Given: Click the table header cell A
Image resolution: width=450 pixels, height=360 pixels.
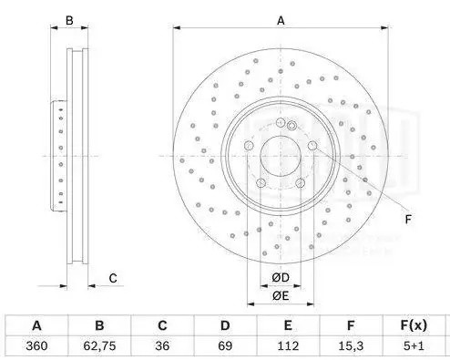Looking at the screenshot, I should tap(36, 325).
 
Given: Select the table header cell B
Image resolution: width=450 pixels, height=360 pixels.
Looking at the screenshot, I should tap(99, 325).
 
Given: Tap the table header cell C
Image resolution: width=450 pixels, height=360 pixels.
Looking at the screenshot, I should tap(161, 325).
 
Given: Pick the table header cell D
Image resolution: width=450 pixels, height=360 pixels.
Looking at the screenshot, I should tap(224, 325).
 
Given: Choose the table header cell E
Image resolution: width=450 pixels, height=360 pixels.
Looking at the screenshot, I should tap(287, 325).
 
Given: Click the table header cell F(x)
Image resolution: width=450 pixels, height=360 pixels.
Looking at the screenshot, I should tap(414, 325).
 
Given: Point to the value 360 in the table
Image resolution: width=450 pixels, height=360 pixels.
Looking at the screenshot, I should tap(36, 346).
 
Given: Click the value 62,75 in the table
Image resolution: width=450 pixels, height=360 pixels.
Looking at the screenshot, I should tap(99, 346).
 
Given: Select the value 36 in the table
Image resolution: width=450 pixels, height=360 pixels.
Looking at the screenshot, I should tap(161, 346).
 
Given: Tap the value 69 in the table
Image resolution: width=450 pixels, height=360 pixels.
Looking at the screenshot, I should tap(224, 346).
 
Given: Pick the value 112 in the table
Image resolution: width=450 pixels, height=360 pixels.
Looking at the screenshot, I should tap(287, 346).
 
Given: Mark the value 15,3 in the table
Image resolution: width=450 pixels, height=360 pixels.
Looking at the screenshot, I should tap(350, 346).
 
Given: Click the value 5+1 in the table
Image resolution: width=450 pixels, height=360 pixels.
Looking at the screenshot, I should tap(414, 346).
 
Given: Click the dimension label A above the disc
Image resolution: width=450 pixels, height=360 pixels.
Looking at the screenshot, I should tap(281, 19).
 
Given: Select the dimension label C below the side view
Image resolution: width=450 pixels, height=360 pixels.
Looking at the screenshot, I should tap(112, 277).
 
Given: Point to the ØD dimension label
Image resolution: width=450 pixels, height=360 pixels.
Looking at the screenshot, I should tap(281, 277).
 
